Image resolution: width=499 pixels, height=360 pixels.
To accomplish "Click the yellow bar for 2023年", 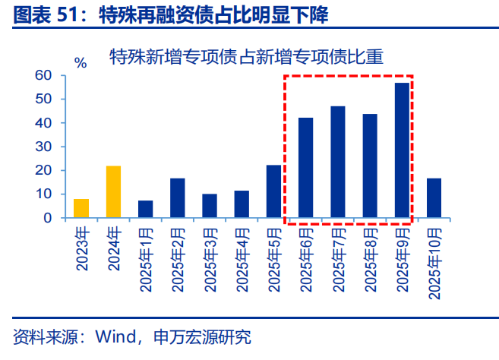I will (x=81, y=208).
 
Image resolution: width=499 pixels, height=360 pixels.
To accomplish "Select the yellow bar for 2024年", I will (x=113, y=192).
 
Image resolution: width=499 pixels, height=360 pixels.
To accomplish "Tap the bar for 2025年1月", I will (x=146, y=209).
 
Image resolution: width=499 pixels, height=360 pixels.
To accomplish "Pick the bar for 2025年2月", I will (x=178, y=198).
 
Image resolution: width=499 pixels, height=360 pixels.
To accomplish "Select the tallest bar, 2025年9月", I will (x=402, y=150).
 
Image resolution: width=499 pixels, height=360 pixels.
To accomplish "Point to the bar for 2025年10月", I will (x=434, y=198).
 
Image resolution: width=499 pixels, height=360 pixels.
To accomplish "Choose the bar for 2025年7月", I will (x=338, y=162).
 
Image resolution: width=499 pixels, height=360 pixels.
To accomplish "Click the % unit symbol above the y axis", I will (x=81, y=63).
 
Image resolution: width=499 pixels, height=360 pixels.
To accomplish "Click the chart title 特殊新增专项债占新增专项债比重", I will (x=246, y=55).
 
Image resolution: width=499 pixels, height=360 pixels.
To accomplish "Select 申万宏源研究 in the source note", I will (x=202, y=336).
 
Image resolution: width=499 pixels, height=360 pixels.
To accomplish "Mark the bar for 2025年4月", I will (x=242, y=204).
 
